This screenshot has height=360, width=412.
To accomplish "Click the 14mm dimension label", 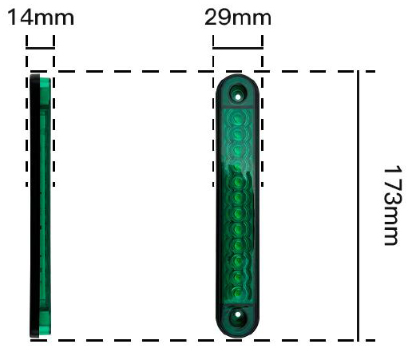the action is (x=41, y=18).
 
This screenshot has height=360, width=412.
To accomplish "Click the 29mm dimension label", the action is (x=238, y=18).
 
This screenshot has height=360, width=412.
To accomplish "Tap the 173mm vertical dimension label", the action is (x=393, y=205).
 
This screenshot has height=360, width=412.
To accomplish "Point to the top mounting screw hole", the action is (x=238, y=97).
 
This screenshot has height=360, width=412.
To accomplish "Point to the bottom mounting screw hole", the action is (x=238, y=315).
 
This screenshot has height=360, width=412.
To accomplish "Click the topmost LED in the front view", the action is (x=238, y=118).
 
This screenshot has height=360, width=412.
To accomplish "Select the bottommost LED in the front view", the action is (x=237, y=293).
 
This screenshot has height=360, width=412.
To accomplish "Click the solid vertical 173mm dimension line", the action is (x=359, y=206).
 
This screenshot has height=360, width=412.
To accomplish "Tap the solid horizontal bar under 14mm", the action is (x=40, y=48).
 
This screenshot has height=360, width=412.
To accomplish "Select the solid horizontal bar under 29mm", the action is (x=238, y=48).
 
